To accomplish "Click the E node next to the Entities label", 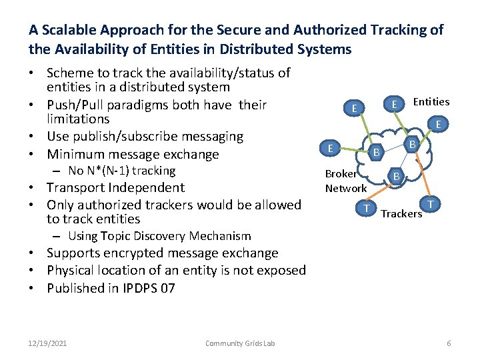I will click(x=395, y=104).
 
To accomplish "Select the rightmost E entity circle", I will click(x=438, y=124).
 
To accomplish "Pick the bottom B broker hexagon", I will click(x=395, y=176).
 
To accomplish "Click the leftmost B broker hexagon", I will click(x=376, y=153).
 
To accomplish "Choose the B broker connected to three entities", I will click(x=412, y=143).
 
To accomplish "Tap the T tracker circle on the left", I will click(x=366, y=208).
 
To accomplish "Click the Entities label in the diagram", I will click(x=431, y=101).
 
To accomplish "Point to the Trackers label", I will click(x=401, y=213).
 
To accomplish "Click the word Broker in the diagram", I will click(x=341, y=174).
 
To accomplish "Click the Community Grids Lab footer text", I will click(x=240, y=343).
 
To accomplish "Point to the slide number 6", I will click(x=449, y=343).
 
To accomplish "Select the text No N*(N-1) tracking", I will click(x=121, y=171).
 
